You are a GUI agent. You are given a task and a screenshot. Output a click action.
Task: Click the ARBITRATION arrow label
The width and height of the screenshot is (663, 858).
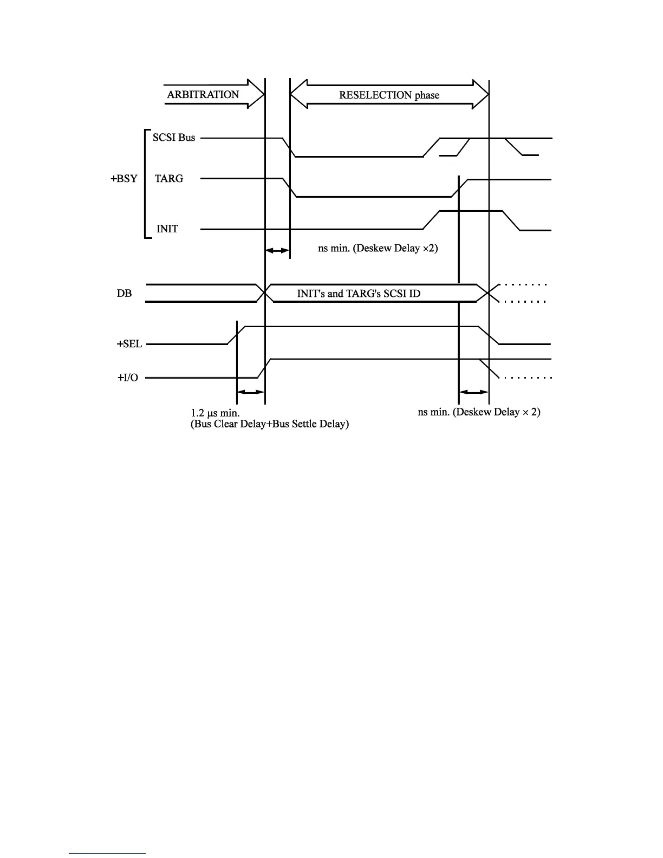click(x=203, y=94)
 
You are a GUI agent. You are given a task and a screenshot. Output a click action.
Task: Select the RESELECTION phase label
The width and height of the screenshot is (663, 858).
click(x=389, y=95)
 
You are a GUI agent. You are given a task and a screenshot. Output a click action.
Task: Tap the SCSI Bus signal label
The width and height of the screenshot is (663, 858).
click(x=174, y=138)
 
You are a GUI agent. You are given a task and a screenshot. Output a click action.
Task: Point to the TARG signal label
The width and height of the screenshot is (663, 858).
click(x=169, y=178)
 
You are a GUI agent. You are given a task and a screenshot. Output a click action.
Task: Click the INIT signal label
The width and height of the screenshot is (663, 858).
click(x=167, y=229)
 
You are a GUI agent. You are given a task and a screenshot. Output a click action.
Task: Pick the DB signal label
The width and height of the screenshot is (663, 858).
click(x=124, y=293)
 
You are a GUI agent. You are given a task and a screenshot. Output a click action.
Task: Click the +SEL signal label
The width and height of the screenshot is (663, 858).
click(x=129, y=343)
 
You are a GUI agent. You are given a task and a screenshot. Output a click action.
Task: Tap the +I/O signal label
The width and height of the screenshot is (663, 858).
click(x=128, y=378)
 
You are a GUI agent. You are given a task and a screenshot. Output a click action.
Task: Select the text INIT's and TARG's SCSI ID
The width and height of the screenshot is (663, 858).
click(x=359, y=293)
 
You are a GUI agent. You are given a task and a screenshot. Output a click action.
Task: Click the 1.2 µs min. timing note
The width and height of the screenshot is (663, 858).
click(x=215, y=413)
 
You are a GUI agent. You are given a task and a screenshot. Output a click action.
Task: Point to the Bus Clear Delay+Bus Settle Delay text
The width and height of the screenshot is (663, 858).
click(x=269, y=424)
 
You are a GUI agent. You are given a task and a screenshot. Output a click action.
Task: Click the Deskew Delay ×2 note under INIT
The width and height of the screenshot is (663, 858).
click(x=378, y=249)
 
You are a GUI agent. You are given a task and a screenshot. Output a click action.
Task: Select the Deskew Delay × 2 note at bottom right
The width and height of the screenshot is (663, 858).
click(x=479, y=412)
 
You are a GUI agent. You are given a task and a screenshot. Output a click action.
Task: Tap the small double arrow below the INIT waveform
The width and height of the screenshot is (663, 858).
click(x=277, y=250)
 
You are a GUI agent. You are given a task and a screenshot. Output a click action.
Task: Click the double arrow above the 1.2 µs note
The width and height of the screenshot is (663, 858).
click(x=251, y=392)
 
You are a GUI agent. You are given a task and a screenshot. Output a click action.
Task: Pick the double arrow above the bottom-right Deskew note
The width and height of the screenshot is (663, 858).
click(x=474, y=392)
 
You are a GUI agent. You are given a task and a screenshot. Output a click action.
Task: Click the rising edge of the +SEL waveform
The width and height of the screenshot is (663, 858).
click(x=237, y=335)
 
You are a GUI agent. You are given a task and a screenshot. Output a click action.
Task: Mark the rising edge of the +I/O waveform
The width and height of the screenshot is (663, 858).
click(x=264, y=368)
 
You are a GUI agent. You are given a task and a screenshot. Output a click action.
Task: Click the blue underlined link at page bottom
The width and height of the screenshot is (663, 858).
click(x=107, y=853)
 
